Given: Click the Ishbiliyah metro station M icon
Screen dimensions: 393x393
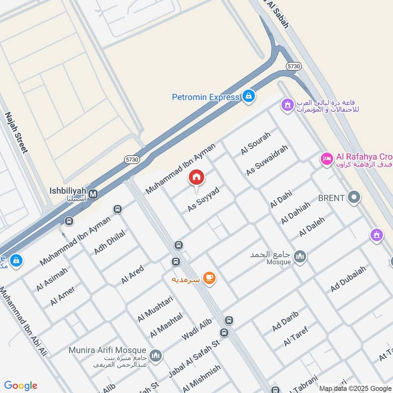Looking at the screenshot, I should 93,194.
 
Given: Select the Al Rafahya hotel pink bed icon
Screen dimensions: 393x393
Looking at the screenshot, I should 326,159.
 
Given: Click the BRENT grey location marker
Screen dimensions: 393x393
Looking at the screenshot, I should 354,198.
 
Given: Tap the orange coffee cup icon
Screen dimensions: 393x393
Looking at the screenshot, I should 209,278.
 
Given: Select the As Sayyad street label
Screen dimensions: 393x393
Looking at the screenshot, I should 202,199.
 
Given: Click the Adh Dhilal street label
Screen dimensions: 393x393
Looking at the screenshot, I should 110,242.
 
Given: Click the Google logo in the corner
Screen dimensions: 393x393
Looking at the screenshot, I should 21,386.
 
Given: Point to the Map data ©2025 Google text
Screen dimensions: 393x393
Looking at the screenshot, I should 355,388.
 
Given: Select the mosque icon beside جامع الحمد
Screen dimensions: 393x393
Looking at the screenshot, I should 300,256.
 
